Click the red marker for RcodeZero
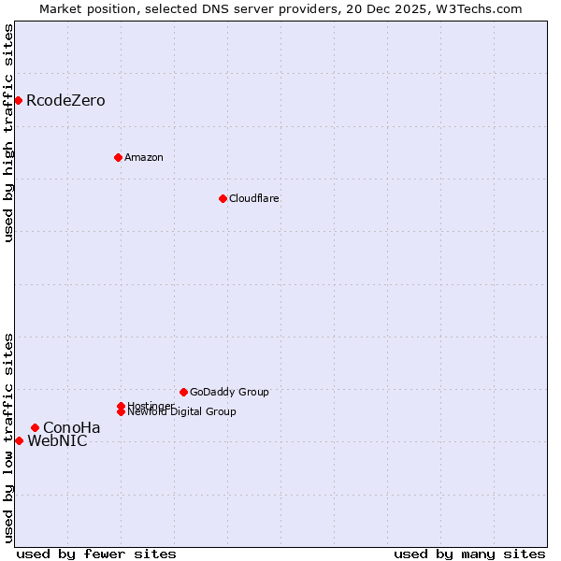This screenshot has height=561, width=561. point(18,100)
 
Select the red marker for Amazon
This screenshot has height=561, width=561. point(118,157)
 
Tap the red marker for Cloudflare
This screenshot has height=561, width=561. point(223,198)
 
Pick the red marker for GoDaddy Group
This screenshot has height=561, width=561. point(183,392)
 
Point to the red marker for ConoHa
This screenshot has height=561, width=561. point(35,427)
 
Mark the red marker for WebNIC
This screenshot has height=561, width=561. point(19,440)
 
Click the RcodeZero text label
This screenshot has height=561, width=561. point(65,100)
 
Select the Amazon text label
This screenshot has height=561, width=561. point(144,157)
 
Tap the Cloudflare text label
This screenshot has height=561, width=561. point(254,198)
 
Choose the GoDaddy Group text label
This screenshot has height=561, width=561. point(229,392)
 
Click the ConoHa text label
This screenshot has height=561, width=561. point(72,427)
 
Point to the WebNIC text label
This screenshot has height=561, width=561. point(57,441)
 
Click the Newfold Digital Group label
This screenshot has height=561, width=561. point(181,411)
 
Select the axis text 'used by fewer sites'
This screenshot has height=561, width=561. point(96,554)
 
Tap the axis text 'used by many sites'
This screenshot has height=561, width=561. point(469,554)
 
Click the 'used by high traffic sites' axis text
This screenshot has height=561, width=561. point(9,133)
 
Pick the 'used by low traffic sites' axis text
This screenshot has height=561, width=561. point(9,438)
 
